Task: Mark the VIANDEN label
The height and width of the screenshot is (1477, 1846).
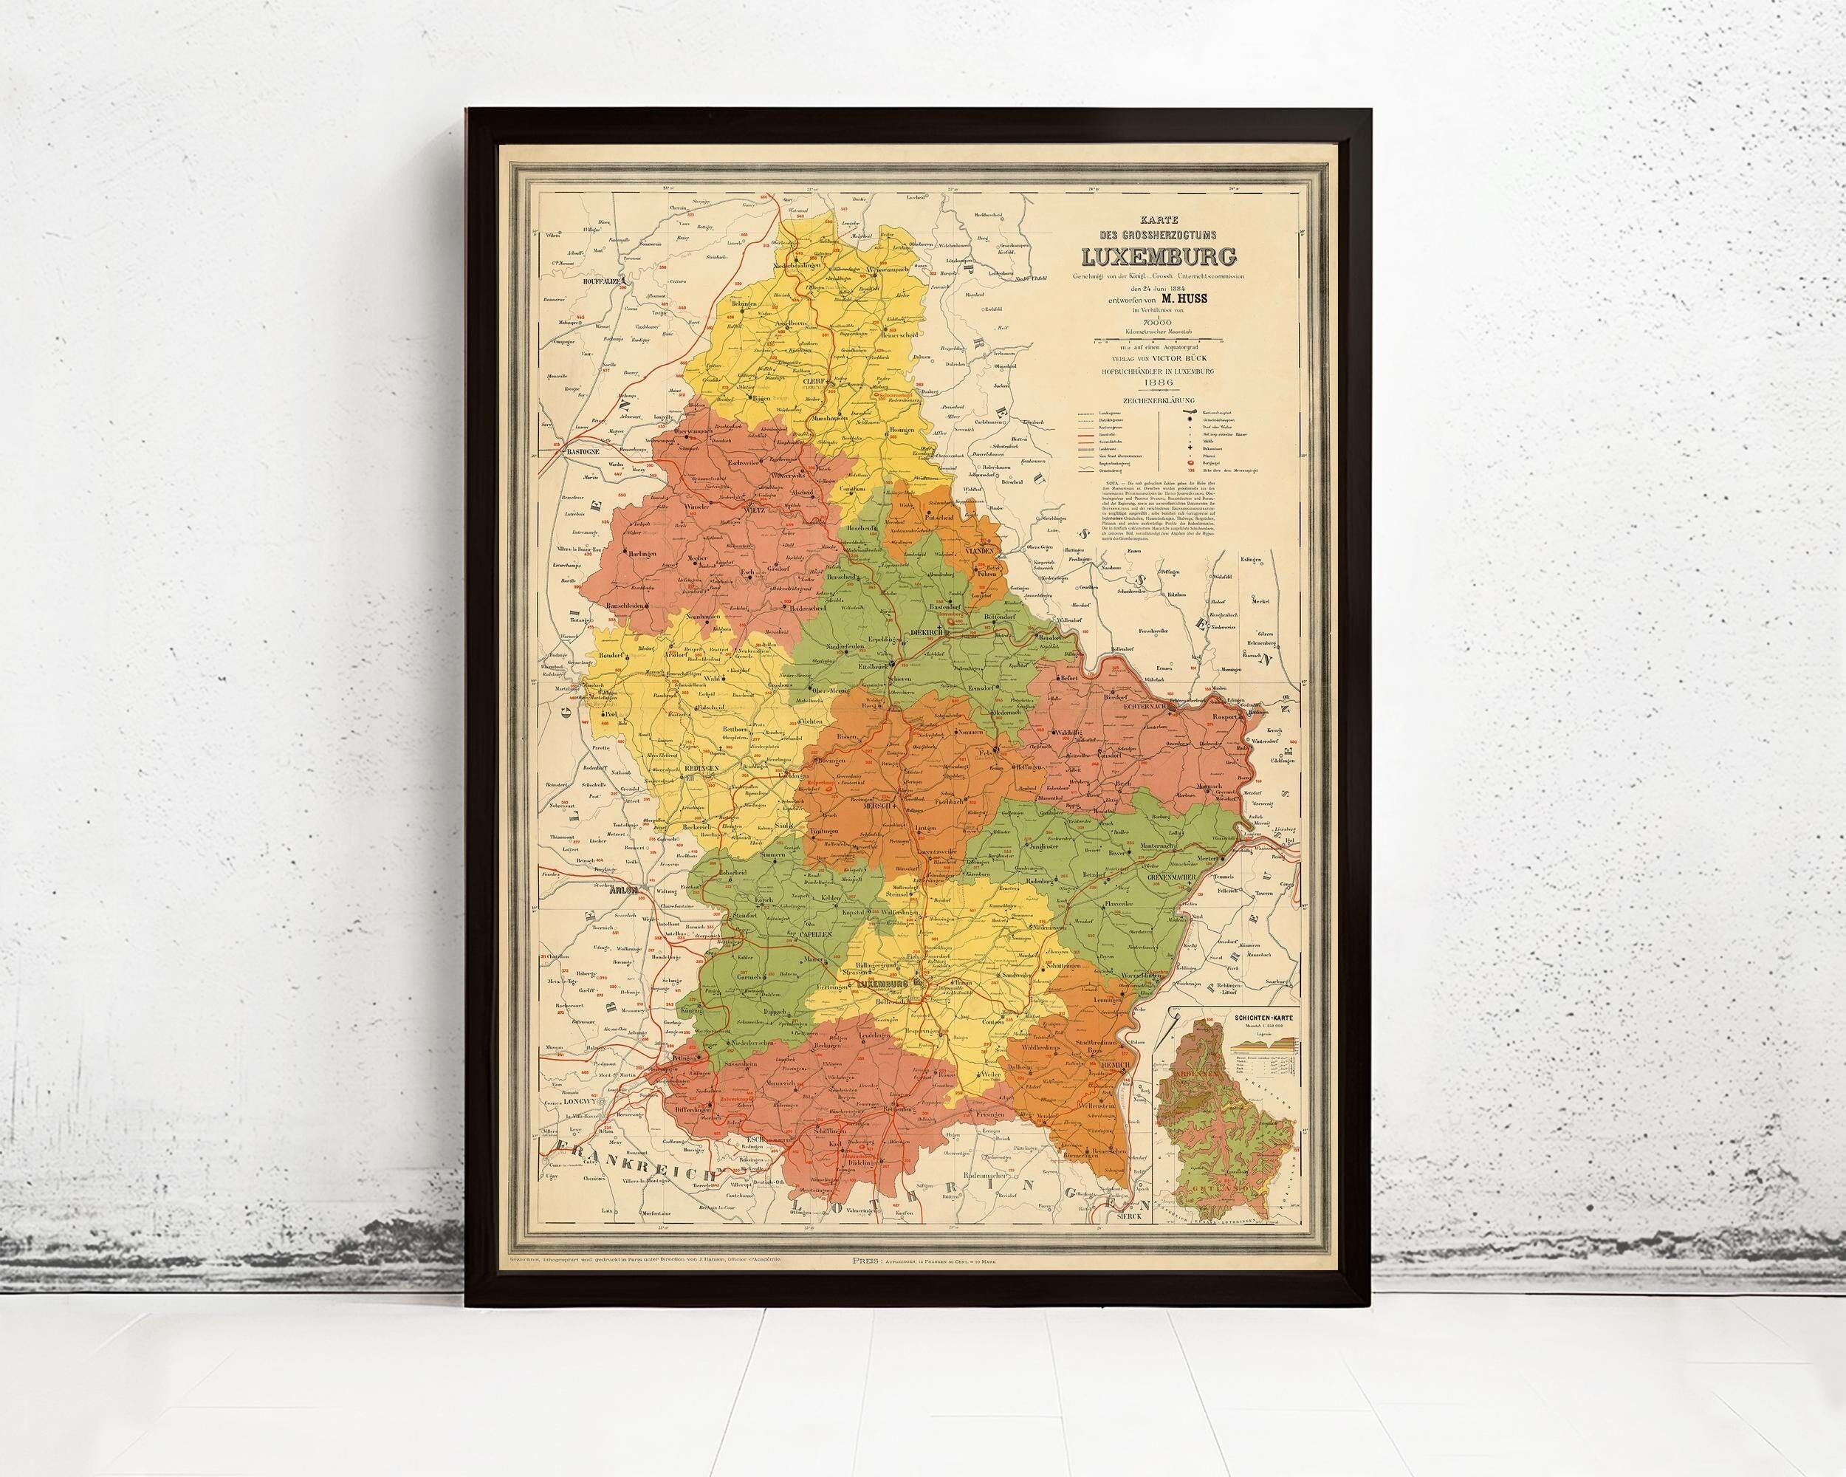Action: click(978, 552)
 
